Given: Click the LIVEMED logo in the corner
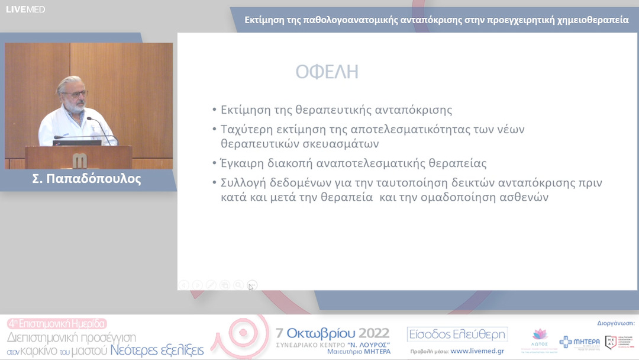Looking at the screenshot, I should point(25,9).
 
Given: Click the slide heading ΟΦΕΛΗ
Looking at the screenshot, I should point(327,72).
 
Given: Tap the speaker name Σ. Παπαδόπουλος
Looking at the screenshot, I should point(86,179).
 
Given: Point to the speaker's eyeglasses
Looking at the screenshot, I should point(75,94).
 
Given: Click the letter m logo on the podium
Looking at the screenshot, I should point(79,159).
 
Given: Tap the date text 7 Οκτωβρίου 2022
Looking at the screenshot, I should point(333,332).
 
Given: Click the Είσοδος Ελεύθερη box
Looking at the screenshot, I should point(457,335).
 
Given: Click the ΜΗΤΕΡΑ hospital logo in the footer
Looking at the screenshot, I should point(579,342).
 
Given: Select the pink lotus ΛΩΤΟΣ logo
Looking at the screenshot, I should point(540,338).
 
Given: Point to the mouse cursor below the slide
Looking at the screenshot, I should point(251,287).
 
